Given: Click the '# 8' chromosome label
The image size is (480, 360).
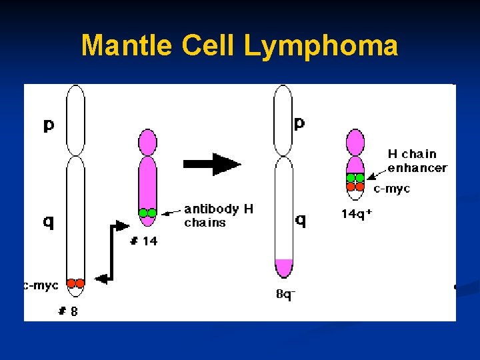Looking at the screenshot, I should (x=67, y=311).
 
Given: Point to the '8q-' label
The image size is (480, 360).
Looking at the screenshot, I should (x=285, y=293).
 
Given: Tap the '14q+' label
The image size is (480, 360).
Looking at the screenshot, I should (x=357, y=214).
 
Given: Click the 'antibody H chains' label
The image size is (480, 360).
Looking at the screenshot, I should (x=219, y=215).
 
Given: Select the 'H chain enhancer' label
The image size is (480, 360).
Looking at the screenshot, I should (x=417, y=161).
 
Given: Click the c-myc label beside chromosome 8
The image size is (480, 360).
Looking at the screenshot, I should (x=41, y=285).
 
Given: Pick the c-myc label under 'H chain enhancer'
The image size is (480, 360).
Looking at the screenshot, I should (x=392, y=189).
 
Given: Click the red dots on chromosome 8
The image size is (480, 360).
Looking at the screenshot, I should (x=75, y=283).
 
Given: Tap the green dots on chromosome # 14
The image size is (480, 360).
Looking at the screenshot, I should (x=147, y=213).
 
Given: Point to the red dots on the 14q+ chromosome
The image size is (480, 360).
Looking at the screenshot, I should (x=355, y=187).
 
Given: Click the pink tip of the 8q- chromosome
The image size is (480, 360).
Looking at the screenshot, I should (x=283, y=268).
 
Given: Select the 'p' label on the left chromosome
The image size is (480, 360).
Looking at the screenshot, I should (x=49, y=125).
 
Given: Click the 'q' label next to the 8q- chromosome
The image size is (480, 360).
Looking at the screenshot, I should (x=301, y=219).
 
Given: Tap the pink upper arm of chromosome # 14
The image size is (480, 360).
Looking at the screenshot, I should (x=147, y=141).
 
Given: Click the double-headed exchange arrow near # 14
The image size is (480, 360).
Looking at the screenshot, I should (x=111, y=253).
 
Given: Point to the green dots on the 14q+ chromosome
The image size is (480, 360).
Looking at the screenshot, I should (x=355, y=178).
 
